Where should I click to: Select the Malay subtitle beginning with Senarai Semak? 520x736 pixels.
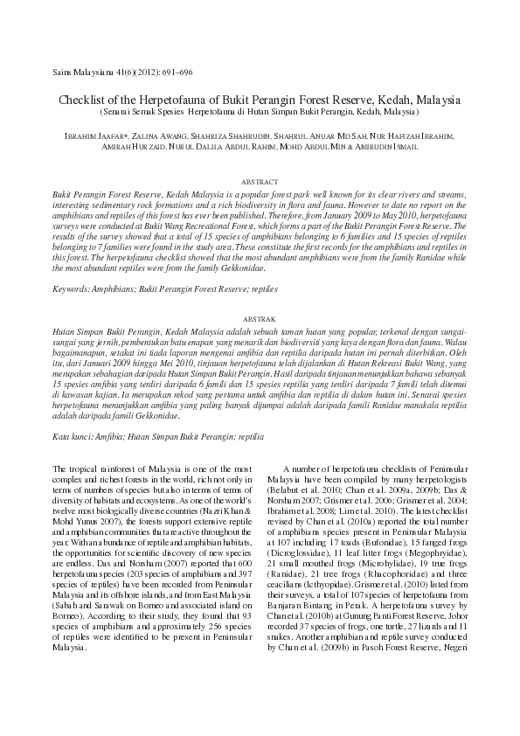pyautogui.click(x=260, y=113)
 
